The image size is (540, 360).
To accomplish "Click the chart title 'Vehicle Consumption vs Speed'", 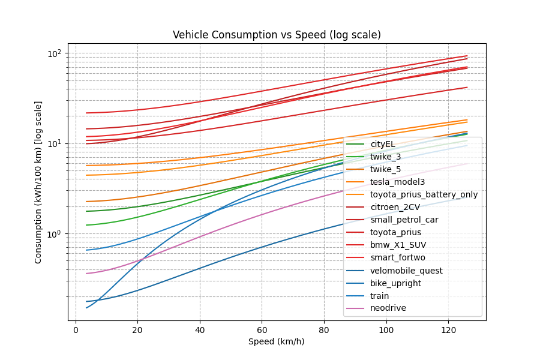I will (277, 35).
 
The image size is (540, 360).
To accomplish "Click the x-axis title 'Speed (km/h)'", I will (277, 341).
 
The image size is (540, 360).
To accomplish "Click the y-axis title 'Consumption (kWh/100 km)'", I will (38, 182).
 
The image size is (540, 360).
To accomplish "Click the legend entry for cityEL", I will (382, 144).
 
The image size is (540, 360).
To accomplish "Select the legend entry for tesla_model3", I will (395, 182).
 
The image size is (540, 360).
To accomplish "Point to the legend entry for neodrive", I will (388, 308).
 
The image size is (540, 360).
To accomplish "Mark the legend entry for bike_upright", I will (395, 283).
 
